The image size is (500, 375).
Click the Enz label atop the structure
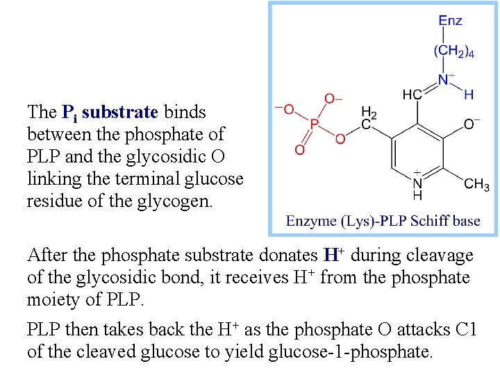(x=450, y=21)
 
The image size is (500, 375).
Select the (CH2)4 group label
(x=453, y=51)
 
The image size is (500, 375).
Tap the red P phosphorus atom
(x=314, y=125)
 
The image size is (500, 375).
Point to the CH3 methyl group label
(x=476, y=185)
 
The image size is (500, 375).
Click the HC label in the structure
(x=412, y=94)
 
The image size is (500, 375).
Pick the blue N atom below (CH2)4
(x=442, y=80)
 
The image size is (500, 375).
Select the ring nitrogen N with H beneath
(x=418, y=183)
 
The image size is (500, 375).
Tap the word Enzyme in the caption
(x=311, y=222)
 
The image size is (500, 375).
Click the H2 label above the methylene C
(x=369, y=112)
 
